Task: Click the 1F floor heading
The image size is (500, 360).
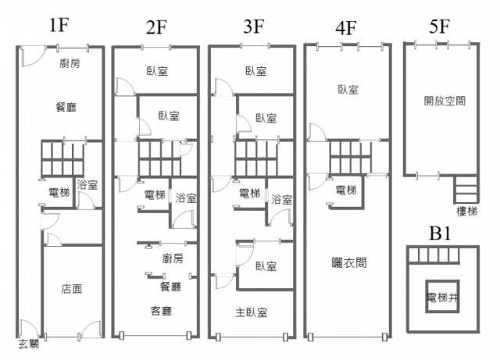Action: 59,25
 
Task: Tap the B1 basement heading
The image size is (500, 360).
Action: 440,233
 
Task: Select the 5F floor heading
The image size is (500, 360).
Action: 439,26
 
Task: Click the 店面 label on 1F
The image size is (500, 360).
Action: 72,289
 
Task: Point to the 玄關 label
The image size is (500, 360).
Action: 29,344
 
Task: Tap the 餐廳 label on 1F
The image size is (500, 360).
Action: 66,107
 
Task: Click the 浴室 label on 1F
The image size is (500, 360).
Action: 87,184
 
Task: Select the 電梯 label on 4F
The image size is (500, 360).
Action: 346,191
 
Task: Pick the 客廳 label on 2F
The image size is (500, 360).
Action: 161,311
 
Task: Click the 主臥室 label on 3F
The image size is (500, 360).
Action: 252,312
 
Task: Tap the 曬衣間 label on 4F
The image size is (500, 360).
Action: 349,262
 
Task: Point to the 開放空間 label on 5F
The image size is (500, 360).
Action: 445,101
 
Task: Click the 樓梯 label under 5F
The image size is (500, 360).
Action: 466,211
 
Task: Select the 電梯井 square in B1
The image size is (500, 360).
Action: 442,297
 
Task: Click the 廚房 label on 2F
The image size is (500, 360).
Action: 173,258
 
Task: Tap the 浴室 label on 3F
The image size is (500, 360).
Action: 281,200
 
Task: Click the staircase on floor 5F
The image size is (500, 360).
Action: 466,189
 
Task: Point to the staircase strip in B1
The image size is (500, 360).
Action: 434,255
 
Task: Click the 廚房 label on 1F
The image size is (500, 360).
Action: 70,63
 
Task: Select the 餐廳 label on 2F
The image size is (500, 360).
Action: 171,287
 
